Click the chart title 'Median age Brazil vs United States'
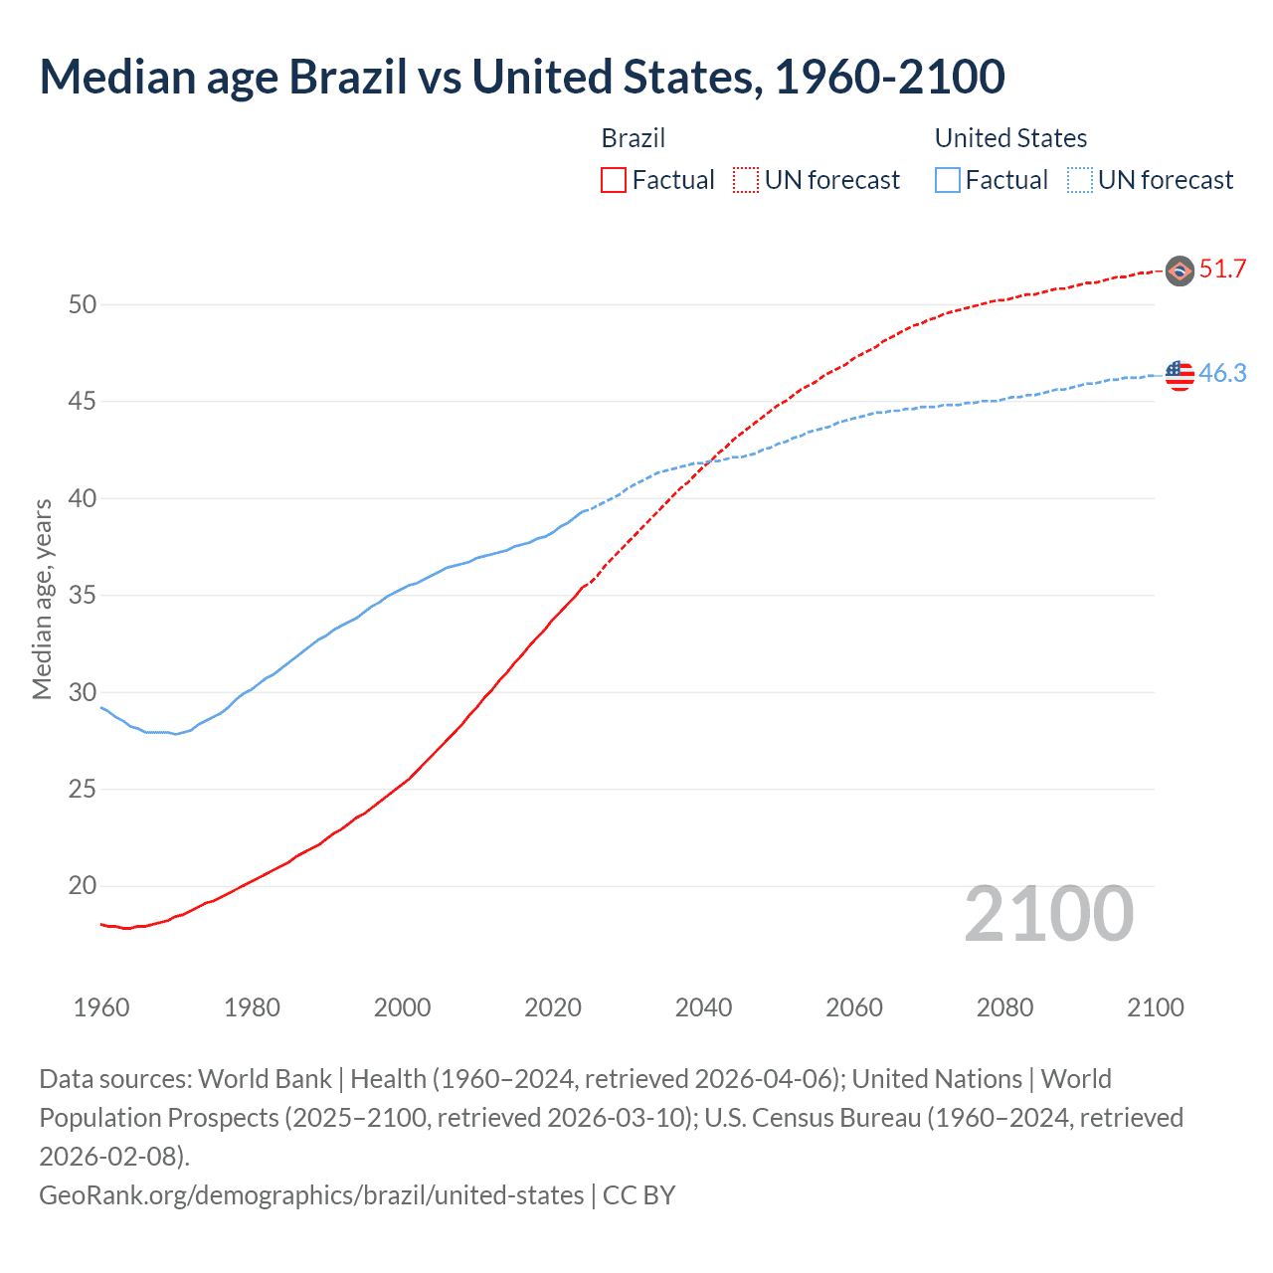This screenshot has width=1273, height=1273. click(521, 78)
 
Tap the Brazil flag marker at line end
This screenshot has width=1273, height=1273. click(1180, 271)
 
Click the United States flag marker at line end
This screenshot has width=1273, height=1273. click(1180, 375)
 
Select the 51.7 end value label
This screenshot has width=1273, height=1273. click(1222, 270)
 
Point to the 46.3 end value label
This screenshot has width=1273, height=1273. click(1222, 374)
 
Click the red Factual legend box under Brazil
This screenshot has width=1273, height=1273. click(614, 180)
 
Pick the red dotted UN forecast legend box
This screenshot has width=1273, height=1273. click(746, 180)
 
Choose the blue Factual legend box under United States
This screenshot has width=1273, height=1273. click(948, 180)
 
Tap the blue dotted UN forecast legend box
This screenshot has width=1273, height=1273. click(1079, 180)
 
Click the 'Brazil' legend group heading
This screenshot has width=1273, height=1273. click(634, 138)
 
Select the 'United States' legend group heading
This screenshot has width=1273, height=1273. click(1010, 138)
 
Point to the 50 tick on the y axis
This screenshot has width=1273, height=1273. click(83, 305)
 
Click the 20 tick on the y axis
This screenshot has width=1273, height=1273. click(83, 886)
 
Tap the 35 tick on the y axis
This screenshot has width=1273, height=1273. click(83, 596)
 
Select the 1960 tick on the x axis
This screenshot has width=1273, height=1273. click(101, 1007)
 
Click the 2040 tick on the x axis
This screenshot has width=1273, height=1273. click(703, 1007)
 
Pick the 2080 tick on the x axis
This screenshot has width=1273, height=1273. click(1004, 1007)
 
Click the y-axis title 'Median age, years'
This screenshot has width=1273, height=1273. click(42, 600)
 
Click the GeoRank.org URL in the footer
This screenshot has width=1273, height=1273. click(311, 1194)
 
